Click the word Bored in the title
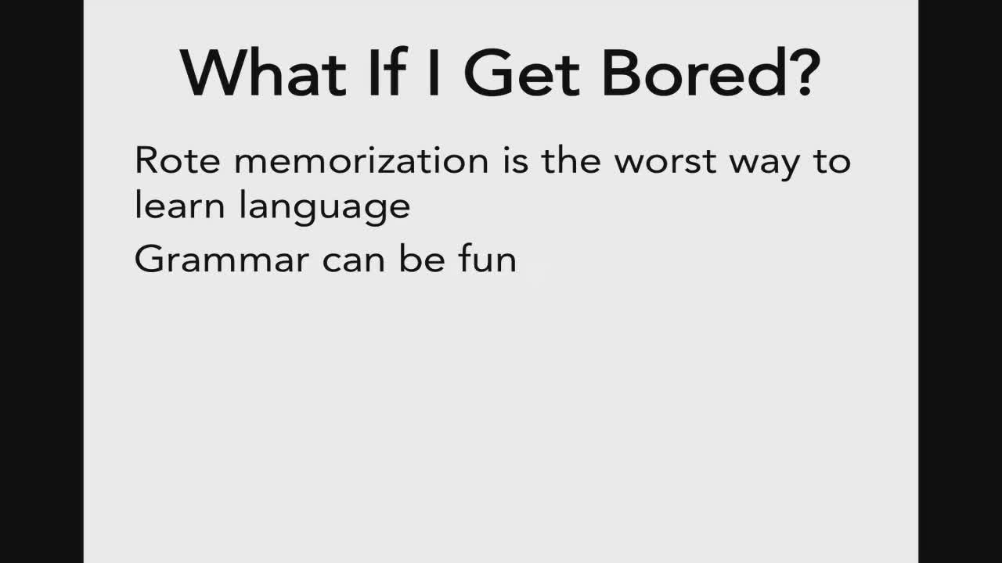point(694,71)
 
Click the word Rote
point(177,160)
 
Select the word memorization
point(362,160)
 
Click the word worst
point(665,161)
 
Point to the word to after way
point(832,161)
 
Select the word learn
point(180,205)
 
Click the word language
point(325,207)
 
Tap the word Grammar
point(222,259)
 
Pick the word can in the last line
point(354,261)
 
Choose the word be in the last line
point(422,258)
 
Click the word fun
point(488,258)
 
